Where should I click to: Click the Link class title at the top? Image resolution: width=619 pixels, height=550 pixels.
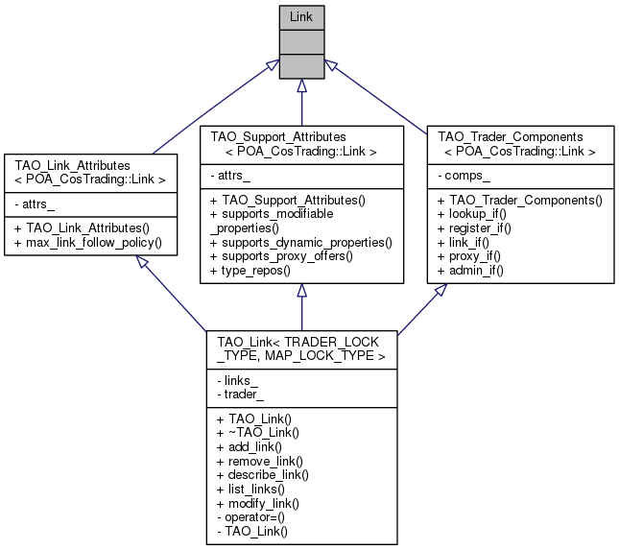click(302, 16)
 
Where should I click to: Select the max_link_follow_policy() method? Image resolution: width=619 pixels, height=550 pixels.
click(92, 243)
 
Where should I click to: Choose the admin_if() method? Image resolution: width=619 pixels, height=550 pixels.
click(470, 271)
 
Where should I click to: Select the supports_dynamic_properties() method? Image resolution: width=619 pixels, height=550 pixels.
click(301, 243)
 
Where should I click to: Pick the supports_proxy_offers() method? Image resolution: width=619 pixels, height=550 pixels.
click(286, 257)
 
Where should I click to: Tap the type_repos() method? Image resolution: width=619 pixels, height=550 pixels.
click(259, 271)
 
